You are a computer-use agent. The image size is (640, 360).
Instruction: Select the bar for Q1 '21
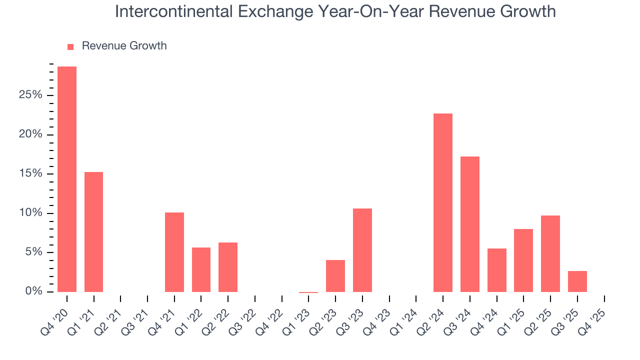[x=93, y=232]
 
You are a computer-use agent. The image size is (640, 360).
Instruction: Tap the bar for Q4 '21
[x=174, y=252]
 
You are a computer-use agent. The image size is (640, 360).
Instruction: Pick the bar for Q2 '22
[x=228, y=267]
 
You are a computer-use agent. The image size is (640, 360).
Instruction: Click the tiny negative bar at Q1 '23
[x=308, y=292]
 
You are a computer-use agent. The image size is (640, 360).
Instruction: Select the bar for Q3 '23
[x=362, y=250]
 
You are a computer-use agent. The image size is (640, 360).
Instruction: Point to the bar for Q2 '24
[x=443, y=202]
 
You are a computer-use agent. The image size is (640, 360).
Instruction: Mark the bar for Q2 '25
[x=550, y=253]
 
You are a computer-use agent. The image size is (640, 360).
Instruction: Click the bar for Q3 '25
[x=577, y=281]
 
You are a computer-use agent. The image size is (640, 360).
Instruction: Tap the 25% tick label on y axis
[x=30, y=95]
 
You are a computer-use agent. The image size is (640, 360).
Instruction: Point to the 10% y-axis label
[x=30, y=213]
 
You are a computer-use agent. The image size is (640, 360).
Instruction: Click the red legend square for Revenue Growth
[x=70, y=47]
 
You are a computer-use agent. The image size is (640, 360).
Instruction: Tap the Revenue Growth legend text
[x=124, y=46]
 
